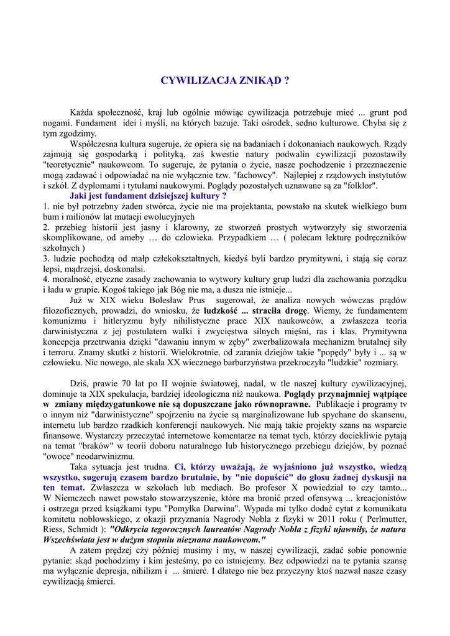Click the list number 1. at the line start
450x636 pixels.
point(47,206)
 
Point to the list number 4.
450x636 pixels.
point(47,279)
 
